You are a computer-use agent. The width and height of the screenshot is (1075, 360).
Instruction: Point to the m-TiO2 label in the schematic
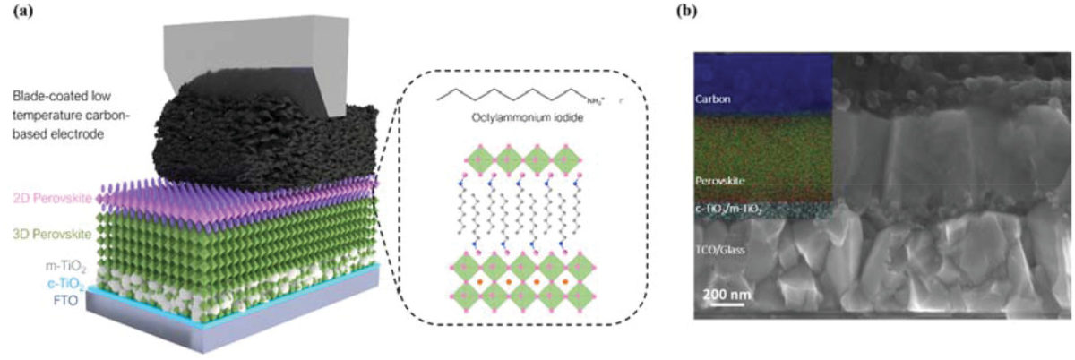(70, 265)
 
